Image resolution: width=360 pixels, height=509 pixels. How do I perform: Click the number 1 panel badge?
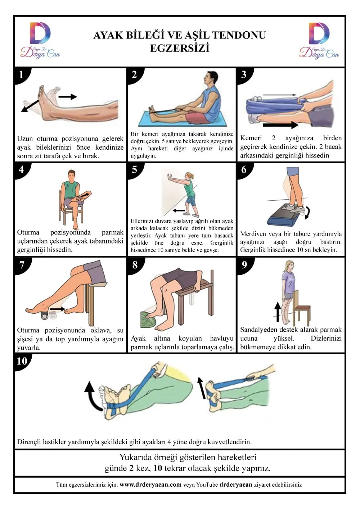[21, 75]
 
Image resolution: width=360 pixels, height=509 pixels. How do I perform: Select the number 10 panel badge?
[22, 361]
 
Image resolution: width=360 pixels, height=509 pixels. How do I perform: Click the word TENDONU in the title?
[239, 36]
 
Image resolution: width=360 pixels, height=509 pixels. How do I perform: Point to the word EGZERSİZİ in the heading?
[180, 48]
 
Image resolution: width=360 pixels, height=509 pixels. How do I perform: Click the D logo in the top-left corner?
[40, 33]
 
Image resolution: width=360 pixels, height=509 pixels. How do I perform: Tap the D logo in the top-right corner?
[319, 33]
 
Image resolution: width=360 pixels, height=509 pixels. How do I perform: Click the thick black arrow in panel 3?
[280, 125]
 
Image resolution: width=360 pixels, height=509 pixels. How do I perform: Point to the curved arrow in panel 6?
[307, 213]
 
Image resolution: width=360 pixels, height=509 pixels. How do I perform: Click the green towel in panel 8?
[148, 319]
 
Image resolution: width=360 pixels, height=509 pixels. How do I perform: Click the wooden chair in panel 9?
[301, 308]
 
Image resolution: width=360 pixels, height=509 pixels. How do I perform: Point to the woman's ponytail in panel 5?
[193, 176]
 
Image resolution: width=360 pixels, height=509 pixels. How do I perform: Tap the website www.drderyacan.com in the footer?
[150, 485]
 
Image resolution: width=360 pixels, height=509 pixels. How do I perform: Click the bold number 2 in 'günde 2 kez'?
[131, 468]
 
